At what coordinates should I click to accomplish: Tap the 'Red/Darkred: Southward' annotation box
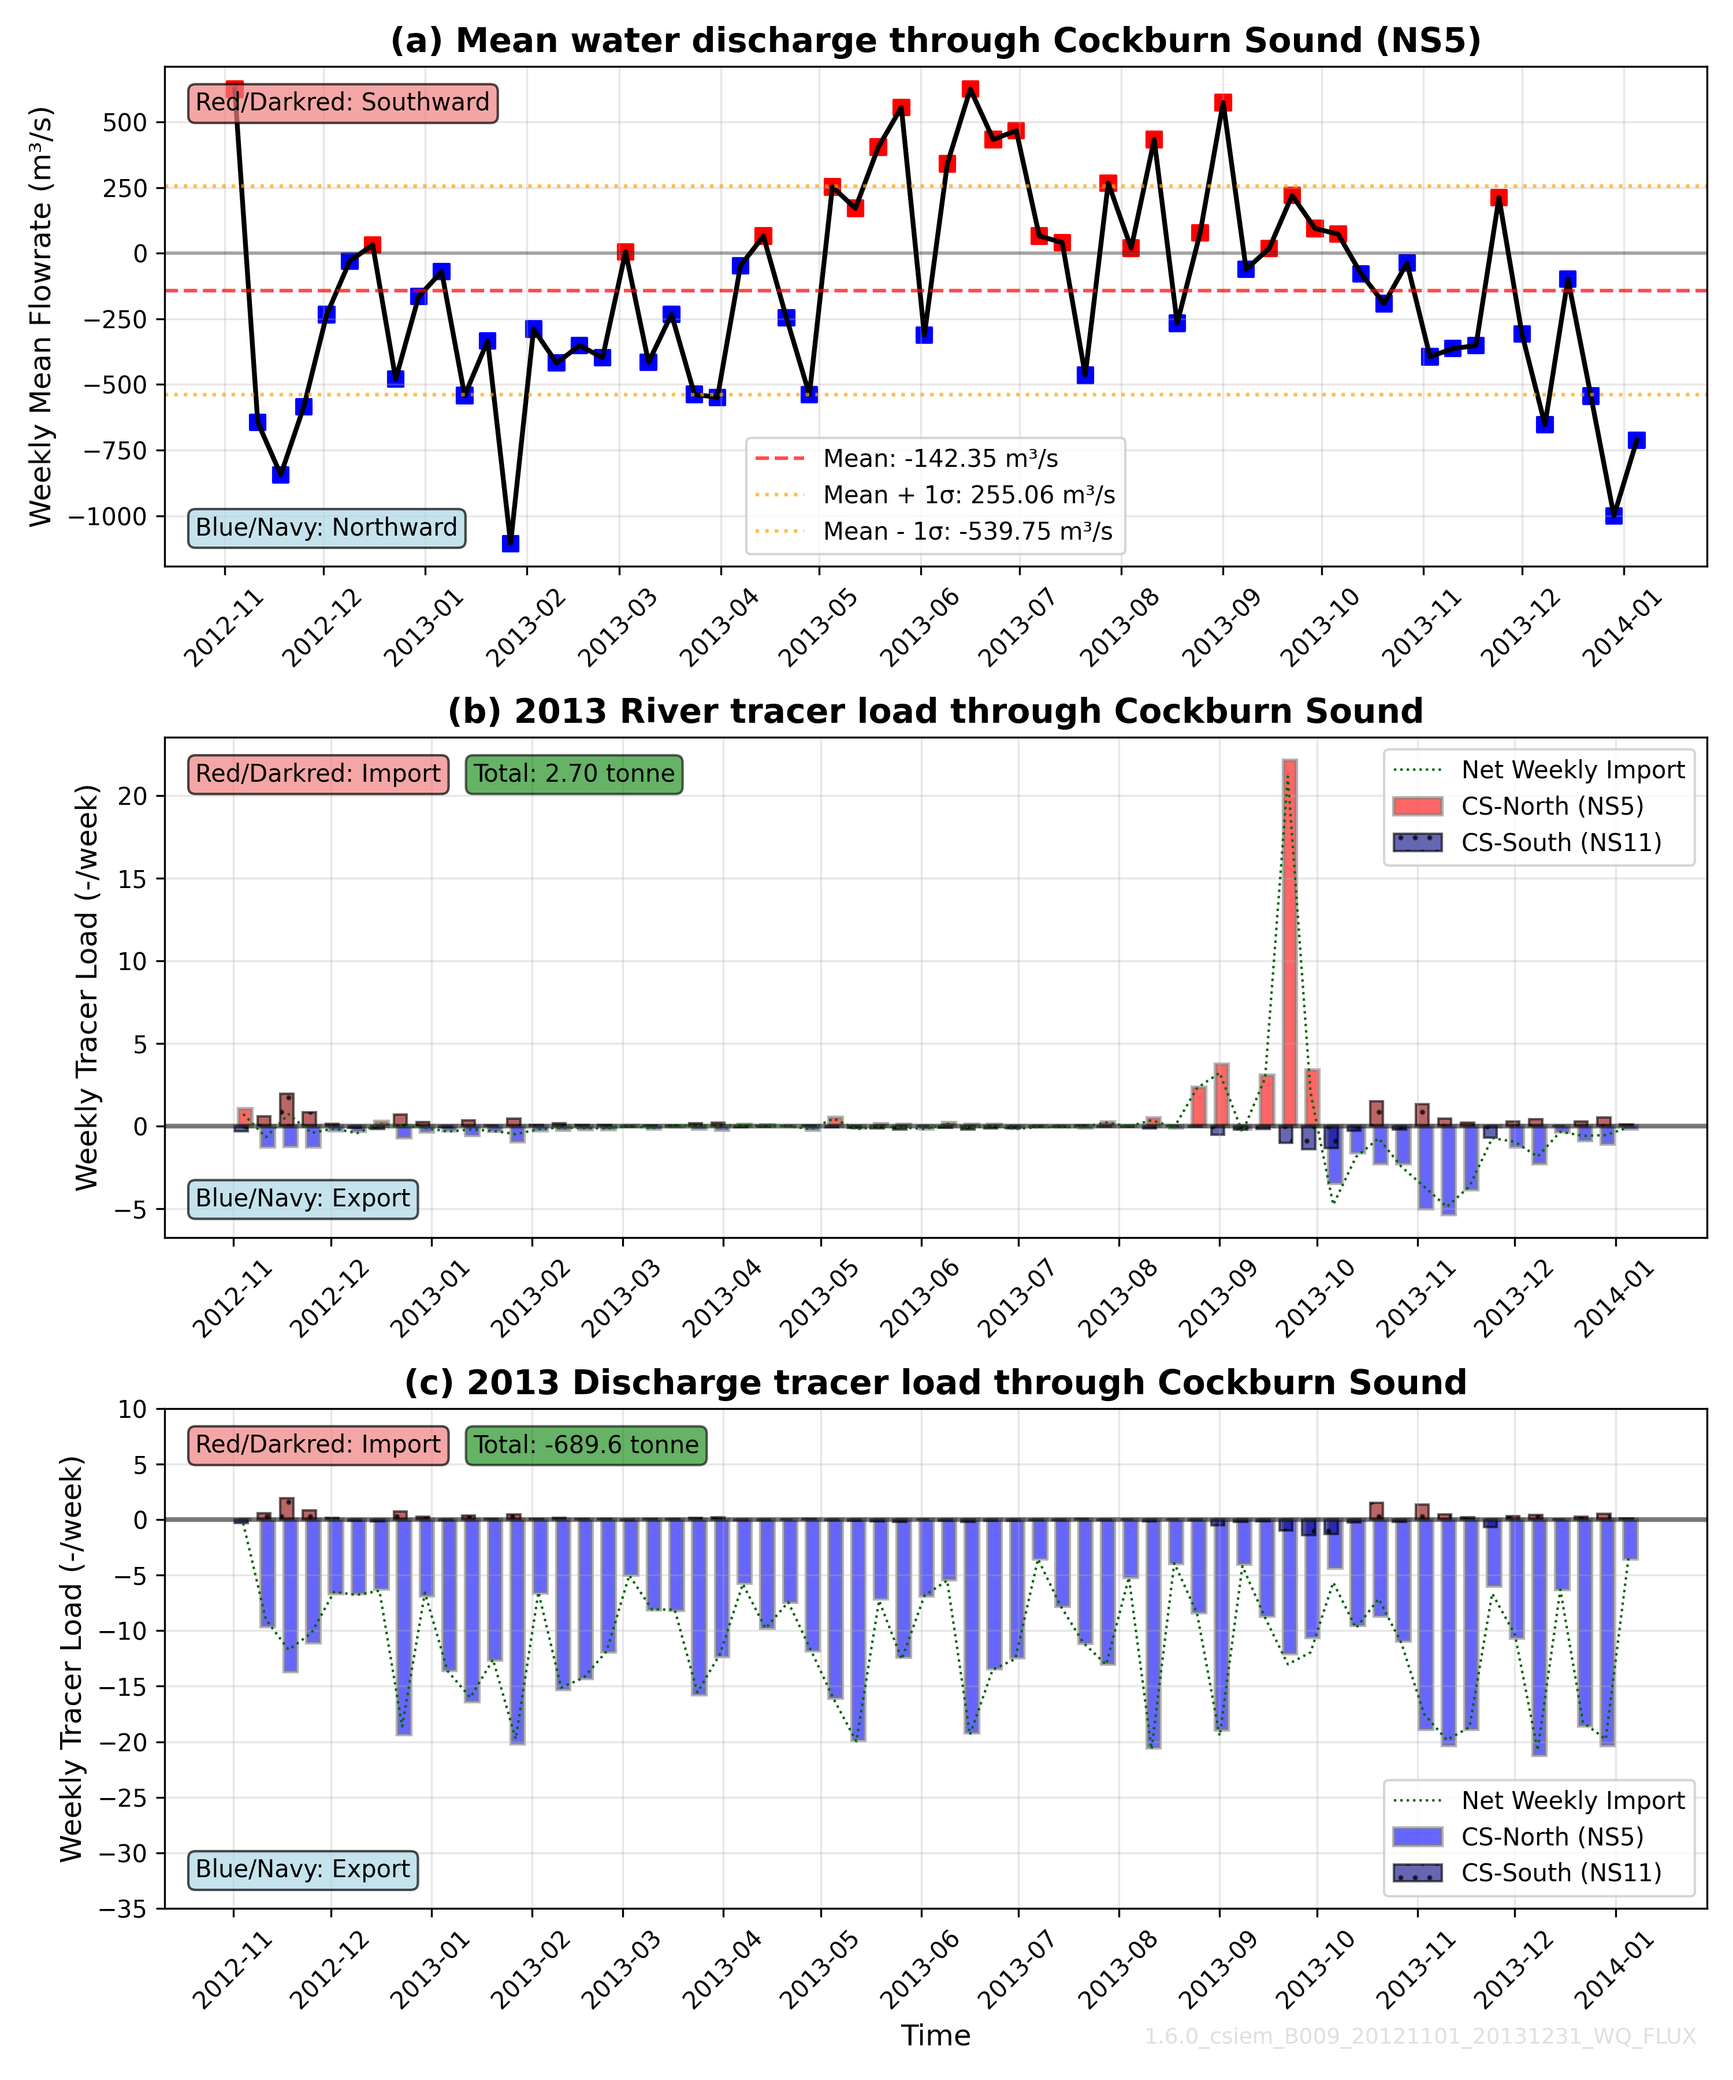coord(343,103)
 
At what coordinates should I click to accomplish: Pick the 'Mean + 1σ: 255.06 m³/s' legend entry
coord(969,495)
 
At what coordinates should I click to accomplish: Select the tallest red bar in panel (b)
coord(1289,941)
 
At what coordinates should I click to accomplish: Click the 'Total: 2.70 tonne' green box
coord(574,774)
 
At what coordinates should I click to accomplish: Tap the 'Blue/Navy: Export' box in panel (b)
coord(303,1198)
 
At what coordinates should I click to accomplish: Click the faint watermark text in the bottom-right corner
coord(1420,2037)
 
